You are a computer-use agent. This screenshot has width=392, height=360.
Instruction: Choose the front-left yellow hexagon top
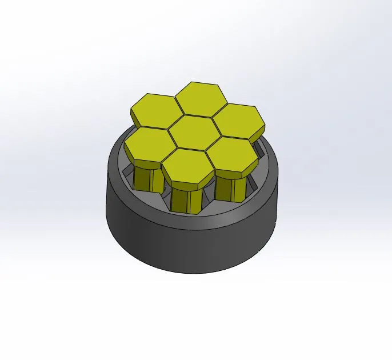[x=147, y=144]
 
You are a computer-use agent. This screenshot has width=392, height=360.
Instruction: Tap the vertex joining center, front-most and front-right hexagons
[x=205, y=151]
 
